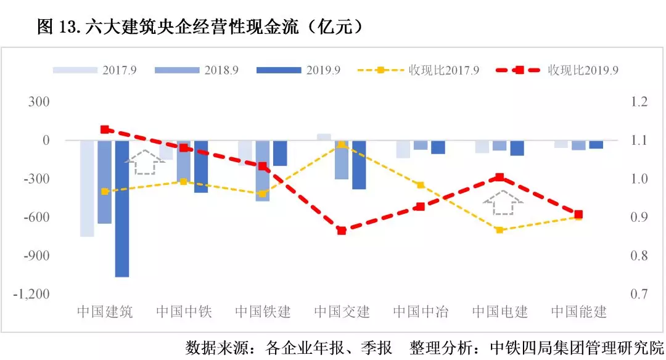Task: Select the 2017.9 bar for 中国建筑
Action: [87, 188]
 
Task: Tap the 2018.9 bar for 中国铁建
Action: [263, 171]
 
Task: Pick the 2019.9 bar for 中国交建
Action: [359, 165]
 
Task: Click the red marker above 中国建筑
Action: [105, 129]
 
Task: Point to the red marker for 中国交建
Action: [342, 231]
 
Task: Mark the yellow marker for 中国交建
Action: [342, 144]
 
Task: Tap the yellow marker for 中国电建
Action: [499, 230]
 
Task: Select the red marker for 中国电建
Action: [499, 178]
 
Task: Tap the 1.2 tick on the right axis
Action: [640, 102]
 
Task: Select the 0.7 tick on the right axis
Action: [640, 294]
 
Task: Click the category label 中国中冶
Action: [421, 311]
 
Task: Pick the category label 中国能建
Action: [578, 311]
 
